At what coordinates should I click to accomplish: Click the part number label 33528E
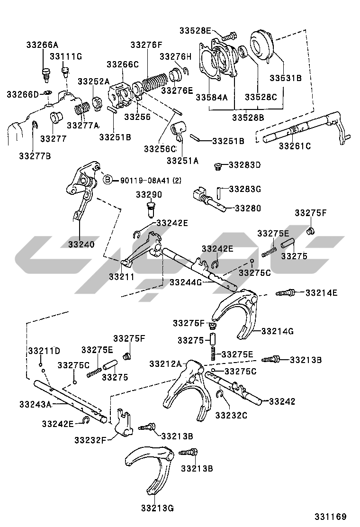pyautogui.click(x=195, y=30)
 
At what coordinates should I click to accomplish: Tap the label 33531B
pyautogui.click(x=286, y=78)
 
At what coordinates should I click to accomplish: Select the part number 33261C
pyautogui.click(x=295, y=145)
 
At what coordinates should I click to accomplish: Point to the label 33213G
pyautogui.click(x=157, y=509)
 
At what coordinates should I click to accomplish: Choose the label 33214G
pyautogui.click(x=278, y=331)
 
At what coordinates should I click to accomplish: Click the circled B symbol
pyautogui.click(x=108, y=180)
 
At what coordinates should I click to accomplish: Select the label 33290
pyautogui.click(x=149, y=194)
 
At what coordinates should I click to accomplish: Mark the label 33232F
pyautogui.click(x=90, y=440)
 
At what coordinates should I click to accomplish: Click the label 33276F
pyautogui.click(x=146, y=45)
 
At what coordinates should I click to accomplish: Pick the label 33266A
pyautogui.click(x=42, y=45)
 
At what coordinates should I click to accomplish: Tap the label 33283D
pyautogui.click(x=244, y=165)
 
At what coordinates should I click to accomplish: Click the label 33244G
pyautogui.click(x=186, y=282)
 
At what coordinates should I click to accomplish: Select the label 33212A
pyautogui.click(x=165, y=363)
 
